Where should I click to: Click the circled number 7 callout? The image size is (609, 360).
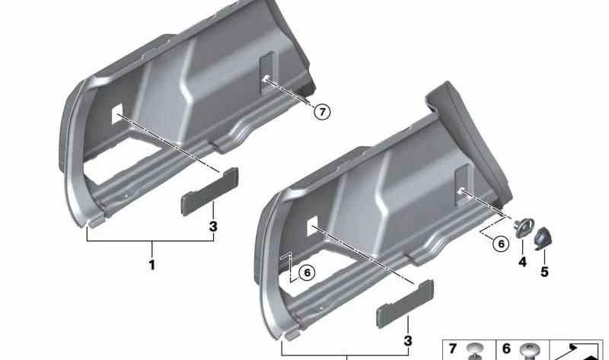[322, 112]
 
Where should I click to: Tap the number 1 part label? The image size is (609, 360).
[151, 265]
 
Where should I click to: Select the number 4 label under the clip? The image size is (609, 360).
[522, 262]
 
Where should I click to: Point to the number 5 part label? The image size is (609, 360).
[544, 272]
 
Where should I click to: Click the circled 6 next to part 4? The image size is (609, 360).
[501, 244]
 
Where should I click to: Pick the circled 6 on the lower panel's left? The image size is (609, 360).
[308, 272]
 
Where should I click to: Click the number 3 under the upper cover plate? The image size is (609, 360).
[213, 226]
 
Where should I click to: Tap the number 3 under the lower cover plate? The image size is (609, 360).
[407, 341]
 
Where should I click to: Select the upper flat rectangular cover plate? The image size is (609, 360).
[210, 192]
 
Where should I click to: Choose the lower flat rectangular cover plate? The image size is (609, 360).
[405, 304]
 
